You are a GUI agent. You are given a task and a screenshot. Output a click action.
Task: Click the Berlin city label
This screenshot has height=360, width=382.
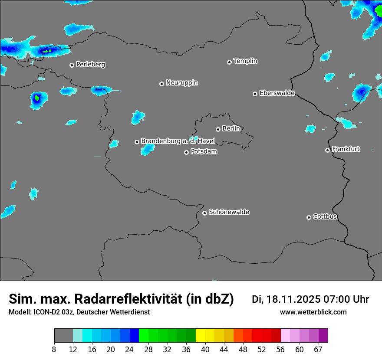[231, 129]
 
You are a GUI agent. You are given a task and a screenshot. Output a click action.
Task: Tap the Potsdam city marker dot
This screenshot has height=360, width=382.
[186, 152]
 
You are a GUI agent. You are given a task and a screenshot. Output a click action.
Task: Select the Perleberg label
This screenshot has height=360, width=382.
[90, 65]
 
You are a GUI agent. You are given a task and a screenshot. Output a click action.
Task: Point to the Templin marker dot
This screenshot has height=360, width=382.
[229, 62]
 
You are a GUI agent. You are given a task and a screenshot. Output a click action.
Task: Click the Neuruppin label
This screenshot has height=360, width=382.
[181, 83]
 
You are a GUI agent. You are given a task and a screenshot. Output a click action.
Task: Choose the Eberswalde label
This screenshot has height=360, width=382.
[277, 93]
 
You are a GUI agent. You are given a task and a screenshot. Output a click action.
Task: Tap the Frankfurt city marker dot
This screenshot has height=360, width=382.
[327, 150]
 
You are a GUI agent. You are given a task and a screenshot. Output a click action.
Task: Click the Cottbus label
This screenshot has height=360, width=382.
[325, 217]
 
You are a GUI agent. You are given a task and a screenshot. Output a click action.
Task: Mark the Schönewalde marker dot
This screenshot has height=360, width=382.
[204, 213]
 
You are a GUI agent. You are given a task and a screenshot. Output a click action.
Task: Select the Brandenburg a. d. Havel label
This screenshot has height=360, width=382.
[178, 141]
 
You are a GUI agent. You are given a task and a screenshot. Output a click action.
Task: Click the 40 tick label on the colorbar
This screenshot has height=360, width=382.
[205, 349]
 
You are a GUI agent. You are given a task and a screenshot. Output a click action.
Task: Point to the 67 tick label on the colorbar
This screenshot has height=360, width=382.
[318, 349]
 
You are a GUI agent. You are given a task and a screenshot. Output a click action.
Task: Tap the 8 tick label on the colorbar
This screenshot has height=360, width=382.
[54, 349]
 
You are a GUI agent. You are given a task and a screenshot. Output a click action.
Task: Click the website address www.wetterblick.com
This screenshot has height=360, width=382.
[313, 312]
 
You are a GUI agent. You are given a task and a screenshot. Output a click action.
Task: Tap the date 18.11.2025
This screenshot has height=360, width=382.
[293, 299]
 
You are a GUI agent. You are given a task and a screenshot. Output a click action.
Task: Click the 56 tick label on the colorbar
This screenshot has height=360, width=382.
[281, 349]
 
